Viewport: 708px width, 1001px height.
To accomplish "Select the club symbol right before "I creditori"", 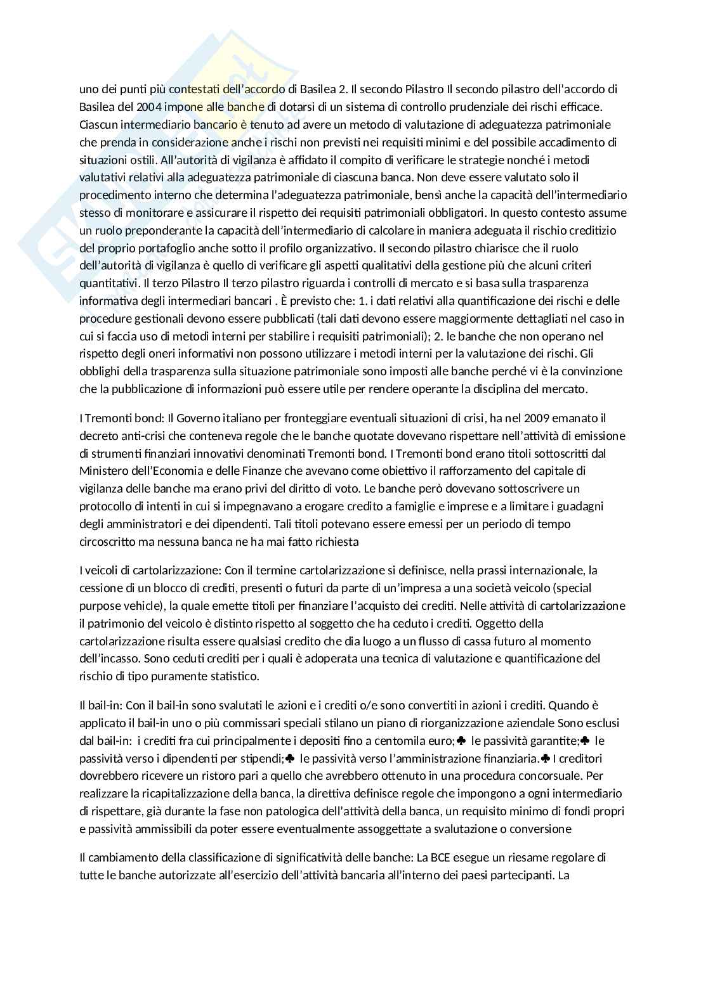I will [545, 759].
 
